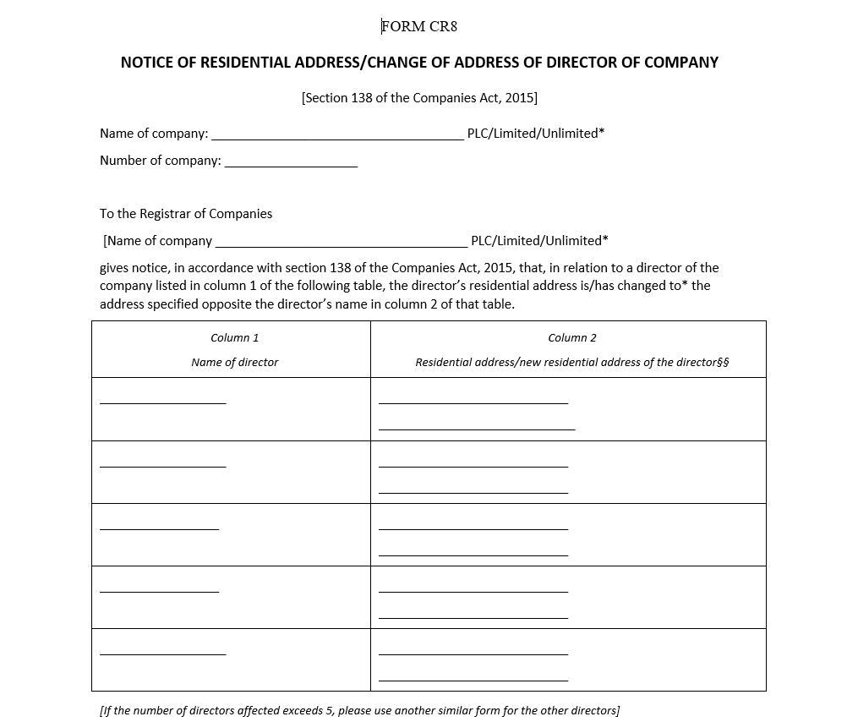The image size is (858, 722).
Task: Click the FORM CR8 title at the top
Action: [419, 26]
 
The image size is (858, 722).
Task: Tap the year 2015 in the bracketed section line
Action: [519, 98]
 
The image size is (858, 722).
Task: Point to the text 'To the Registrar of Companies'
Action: [186, 214]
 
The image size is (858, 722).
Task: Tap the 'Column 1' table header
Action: [235, 338]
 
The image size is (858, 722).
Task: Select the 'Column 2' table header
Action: [572, 338]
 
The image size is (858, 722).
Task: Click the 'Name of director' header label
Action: [235, 363]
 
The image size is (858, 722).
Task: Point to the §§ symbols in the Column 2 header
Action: [723, 363]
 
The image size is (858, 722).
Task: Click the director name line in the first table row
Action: [163, 402]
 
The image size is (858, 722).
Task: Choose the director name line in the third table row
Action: [159, 528]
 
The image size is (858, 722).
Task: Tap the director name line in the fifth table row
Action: [163, 653]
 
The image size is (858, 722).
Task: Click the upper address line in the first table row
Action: [473, 402]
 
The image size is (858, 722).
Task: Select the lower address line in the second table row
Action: [473, 492]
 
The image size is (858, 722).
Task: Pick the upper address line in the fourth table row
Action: [473, 591]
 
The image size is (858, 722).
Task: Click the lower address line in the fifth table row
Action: [473, 680]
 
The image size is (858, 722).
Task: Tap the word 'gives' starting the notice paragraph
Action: [114, 268]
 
